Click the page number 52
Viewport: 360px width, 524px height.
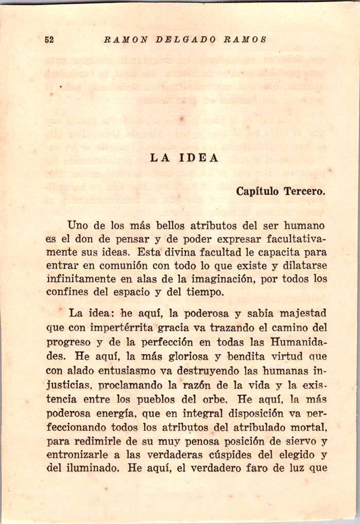49,40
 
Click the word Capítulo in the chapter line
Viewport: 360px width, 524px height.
258,191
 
